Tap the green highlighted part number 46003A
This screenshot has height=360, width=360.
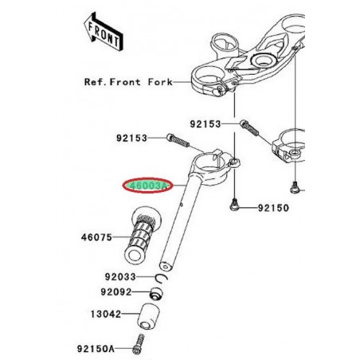146,186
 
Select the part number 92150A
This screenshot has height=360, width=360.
96,348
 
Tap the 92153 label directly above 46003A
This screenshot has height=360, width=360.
133,138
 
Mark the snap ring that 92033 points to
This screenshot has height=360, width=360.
161,277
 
